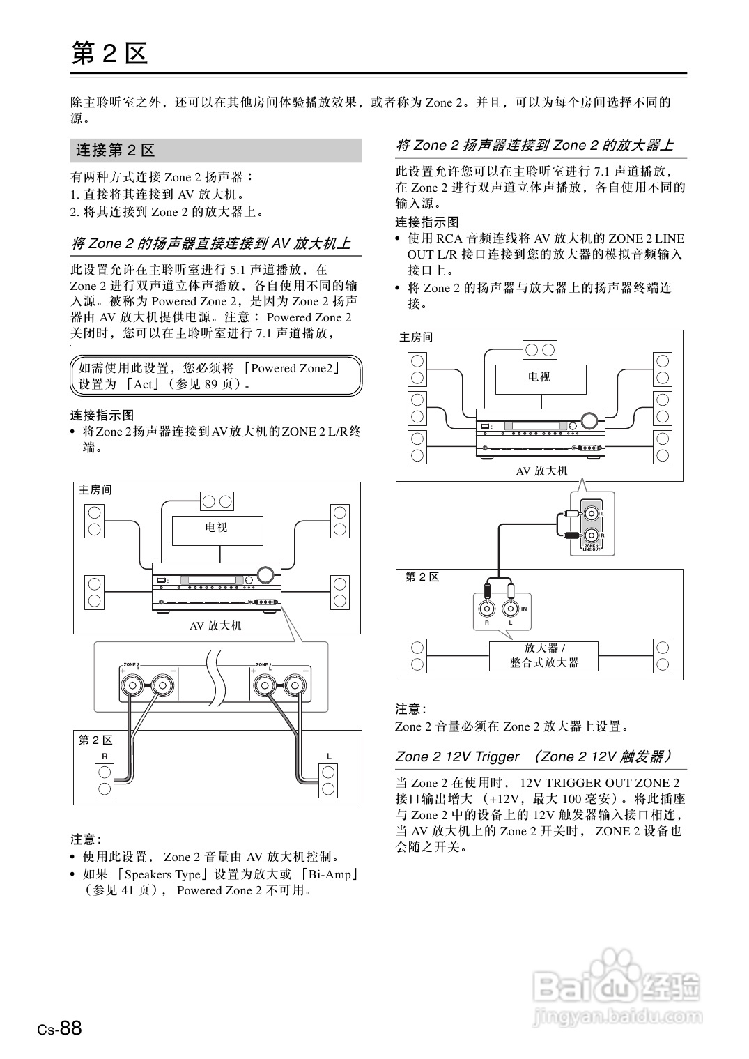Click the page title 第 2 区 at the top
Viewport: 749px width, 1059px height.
coord(109,53)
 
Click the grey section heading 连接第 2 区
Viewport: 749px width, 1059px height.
coord(116,151)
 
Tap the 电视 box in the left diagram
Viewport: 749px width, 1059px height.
coord(217,530)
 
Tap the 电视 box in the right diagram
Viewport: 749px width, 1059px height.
coord(540,379)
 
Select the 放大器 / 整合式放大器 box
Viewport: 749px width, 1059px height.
coord(544,656)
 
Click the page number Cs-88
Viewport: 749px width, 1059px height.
coord(60,1028)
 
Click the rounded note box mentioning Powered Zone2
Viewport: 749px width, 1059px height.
coord(216,376)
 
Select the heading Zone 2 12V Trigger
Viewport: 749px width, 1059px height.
coord(457,757)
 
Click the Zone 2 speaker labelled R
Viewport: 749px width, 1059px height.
coord(105,780)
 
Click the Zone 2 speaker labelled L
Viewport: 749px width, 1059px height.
coord(328,780)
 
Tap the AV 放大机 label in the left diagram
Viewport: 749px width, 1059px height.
coord(215,626)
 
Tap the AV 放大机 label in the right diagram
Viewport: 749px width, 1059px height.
coord(541,471)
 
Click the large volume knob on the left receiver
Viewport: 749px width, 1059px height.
coord(265,575)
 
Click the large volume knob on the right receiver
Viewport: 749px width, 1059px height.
coord(590,420)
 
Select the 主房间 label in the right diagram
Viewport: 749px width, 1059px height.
coord(416,337)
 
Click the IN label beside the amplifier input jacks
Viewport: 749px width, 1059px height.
coord(524,609)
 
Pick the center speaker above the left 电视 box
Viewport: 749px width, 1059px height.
coord(217,501)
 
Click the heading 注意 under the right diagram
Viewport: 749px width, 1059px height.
coord(410,709)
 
